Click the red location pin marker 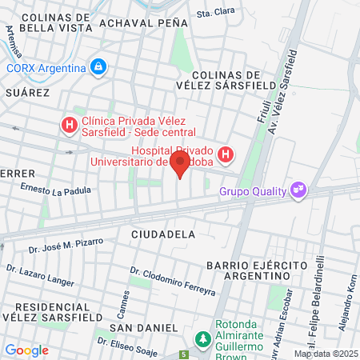tap(180, 165)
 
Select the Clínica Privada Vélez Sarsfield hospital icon tap(70, 125)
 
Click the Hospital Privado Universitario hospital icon tap(226, 154)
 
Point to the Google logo tap(26, 350)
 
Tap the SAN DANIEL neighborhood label tap(143, 328)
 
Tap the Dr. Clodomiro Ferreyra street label tap(173, 283)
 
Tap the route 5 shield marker tap(183, 354)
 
